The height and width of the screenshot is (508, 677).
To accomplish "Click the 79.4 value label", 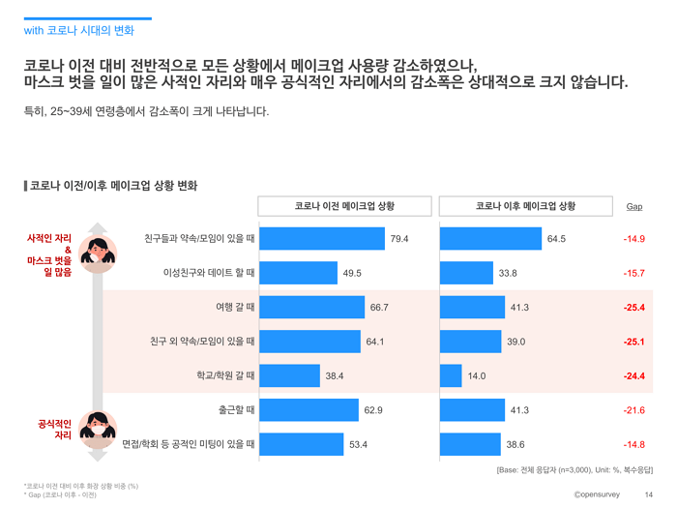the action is pos(398,239).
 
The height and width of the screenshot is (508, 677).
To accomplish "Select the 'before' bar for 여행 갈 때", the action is pos(311,307).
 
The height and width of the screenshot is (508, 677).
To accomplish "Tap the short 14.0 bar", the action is pos(451,375).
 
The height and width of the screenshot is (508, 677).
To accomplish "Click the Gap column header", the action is pos(634,206).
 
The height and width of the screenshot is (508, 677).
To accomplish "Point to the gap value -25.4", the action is pos(633,308).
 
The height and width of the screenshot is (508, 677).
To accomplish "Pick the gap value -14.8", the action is pos(633,444).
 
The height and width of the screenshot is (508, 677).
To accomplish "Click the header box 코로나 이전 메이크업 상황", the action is pos(344,206).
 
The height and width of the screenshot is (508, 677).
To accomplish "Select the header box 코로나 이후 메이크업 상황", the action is pos(526,206).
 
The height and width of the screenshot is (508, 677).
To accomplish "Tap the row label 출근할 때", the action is pos(236,410).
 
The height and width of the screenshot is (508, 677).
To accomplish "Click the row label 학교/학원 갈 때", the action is pos(225,375).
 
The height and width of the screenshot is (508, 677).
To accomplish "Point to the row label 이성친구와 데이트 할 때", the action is pos(209,273).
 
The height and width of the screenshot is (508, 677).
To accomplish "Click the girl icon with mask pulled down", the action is pos(98,254).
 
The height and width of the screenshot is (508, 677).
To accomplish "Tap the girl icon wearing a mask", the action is pos(98,430).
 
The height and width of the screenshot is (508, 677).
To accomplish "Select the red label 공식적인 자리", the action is pos(55,430).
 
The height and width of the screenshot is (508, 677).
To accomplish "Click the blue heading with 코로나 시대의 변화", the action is pos(79,31).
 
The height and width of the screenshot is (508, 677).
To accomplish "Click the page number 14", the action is pos(649,494).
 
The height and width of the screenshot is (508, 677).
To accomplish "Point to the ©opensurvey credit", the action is pos(597,494).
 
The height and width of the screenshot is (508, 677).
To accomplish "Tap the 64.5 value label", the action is pos(556,239).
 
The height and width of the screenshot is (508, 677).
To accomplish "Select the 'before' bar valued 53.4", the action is pos(302,444).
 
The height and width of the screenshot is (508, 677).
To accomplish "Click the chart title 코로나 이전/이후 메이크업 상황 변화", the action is pos(111,186).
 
